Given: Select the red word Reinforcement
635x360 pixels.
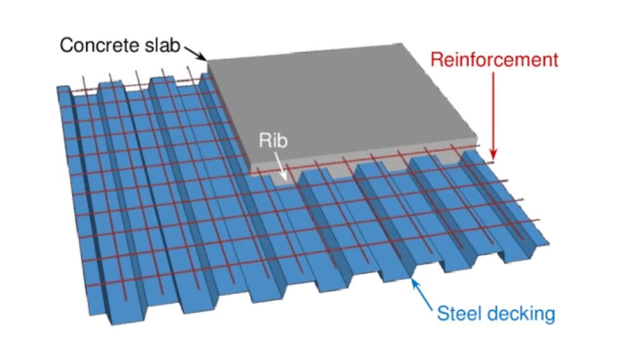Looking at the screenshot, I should pyautogui.click(x=495, y=60).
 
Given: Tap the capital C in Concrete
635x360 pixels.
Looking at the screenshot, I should pyautogui.click(x=66, y=46).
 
